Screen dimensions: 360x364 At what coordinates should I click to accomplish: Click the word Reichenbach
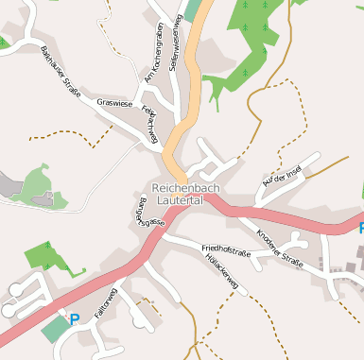point(186,189)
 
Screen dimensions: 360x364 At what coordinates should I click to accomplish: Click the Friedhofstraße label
point(226,251)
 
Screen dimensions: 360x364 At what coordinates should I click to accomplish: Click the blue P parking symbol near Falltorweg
point(75,319)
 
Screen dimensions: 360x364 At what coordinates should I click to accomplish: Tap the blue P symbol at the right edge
point(359,229)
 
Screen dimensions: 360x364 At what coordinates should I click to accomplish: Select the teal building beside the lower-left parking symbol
point(54,329)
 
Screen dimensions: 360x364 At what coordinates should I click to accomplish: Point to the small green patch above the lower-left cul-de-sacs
point(43,255)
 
